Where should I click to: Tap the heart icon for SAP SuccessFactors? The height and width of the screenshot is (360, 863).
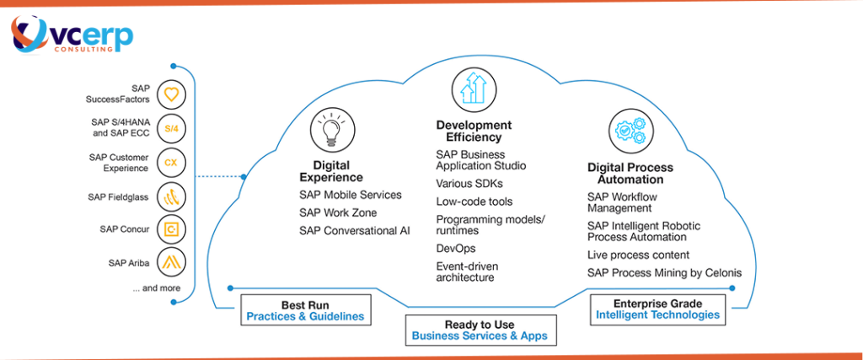172,94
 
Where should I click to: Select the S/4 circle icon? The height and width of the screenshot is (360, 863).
172,128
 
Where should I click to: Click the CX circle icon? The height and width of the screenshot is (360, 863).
172,162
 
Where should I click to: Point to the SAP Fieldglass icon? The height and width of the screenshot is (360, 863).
172,196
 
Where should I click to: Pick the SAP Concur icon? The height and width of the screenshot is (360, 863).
172,229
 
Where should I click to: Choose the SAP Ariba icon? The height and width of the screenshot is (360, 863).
172,263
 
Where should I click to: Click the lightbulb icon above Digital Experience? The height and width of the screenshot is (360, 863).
330,129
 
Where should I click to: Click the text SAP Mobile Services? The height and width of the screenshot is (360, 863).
350,195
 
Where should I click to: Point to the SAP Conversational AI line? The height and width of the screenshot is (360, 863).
354,230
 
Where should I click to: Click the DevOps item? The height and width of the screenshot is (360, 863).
455,249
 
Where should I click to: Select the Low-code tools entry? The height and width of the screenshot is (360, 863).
474,201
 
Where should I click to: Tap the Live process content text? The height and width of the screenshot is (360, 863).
638,255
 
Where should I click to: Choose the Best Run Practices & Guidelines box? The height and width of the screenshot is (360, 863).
305,310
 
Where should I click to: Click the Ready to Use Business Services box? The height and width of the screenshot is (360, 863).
479,330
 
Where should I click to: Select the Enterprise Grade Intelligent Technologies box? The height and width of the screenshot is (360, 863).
657,309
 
